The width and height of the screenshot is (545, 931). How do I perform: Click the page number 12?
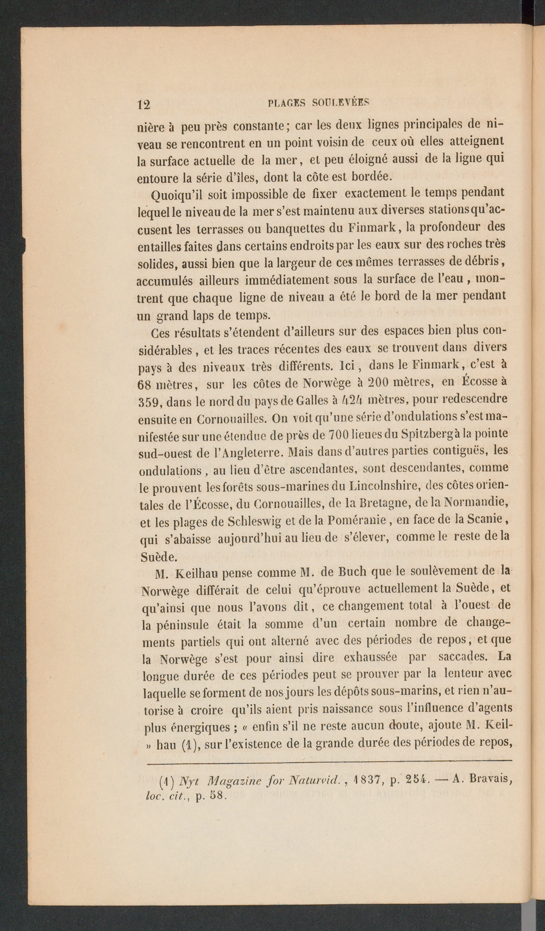pos(144,104)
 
